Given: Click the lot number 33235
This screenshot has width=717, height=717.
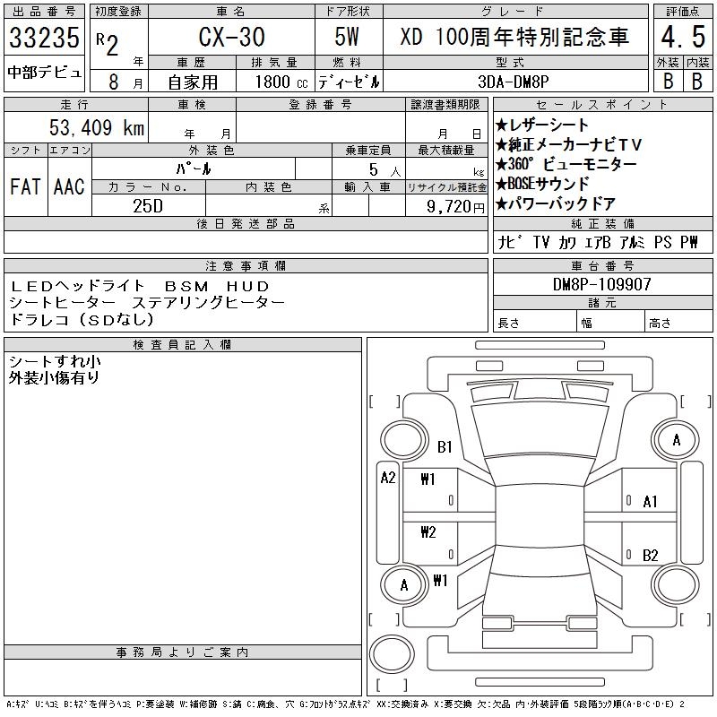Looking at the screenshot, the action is (44, 38).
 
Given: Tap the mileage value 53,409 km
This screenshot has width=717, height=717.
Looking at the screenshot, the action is (96, 128).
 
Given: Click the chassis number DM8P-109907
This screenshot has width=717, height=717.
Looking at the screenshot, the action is (602, 284).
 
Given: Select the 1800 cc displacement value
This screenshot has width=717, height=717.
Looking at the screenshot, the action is (280, 81).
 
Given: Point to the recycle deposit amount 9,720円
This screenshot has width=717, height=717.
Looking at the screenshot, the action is (445, 205).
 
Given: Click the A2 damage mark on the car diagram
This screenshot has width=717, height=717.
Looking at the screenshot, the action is (388, 478).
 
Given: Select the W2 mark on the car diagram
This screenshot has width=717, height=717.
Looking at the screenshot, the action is (428, 531).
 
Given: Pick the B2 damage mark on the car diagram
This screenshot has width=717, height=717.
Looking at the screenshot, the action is (651, 555).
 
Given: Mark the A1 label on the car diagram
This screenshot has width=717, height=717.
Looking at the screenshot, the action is (651, 502).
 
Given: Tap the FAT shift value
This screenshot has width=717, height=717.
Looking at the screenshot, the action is (25, 186).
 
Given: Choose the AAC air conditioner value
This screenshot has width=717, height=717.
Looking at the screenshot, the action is (68, 186).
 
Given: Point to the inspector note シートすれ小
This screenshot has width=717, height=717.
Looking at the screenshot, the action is (54, 361).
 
